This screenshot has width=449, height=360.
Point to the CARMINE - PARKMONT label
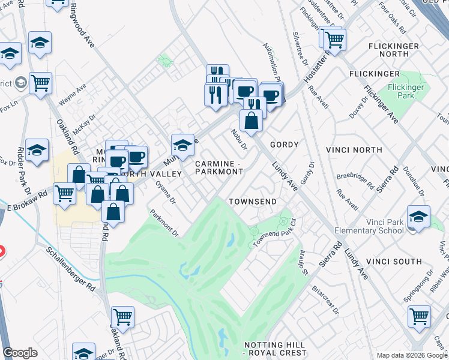[x=218, y=167]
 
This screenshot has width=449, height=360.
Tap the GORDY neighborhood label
[x=284, y=145]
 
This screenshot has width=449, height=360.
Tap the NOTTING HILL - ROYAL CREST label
[x=276, y=349]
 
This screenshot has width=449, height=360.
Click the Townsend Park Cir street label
[x=275, y=233]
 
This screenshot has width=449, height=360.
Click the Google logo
[x=20, y=353]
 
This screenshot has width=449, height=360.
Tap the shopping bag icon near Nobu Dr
[x=252, y=121]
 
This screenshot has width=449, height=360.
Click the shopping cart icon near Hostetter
[x=334, y=40]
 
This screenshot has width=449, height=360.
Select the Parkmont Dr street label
[x=164, y=222]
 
